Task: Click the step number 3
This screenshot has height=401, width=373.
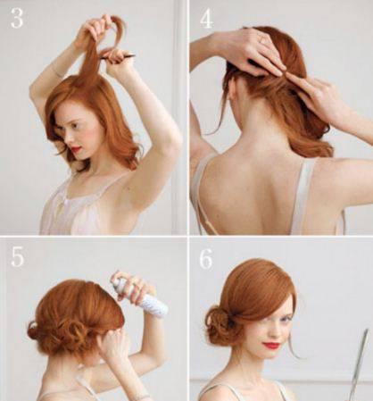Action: (x=17, y=17)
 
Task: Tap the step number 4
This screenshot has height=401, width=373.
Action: (x=206, y=17)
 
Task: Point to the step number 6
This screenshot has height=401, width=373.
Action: (x=206, y=258)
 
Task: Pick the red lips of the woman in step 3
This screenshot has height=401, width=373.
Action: (x=77, y=148)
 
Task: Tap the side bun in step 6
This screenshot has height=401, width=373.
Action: (x=221, y=326)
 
